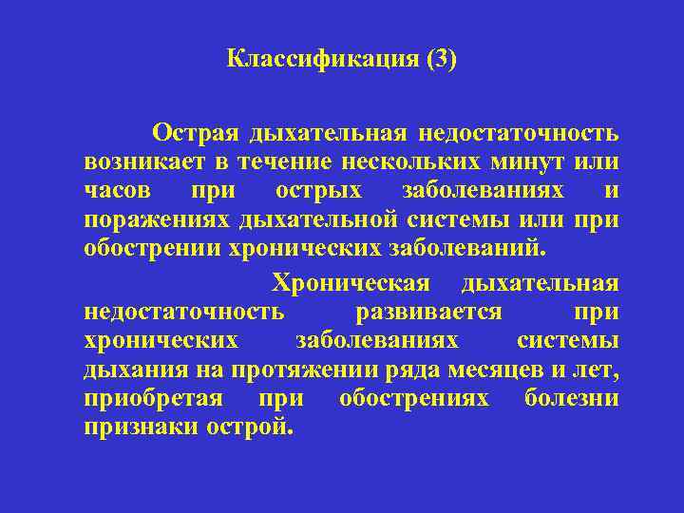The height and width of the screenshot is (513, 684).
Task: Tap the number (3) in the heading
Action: click(442, 60)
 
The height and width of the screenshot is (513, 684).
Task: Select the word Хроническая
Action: click(351, 283)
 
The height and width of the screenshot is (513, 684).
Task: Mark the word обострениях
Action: click(414, 398)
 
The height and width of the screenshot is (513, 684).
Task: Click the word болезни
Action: click(572, 398)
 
